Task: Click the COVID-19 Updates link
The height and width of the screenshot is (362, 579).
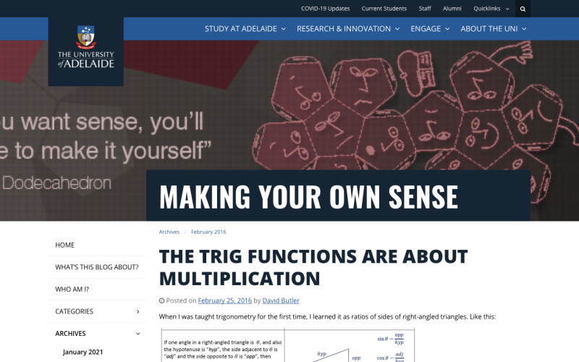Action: (x=325, y=9)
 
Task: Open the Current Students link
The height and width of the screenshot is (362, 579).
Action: (x=384, y=9)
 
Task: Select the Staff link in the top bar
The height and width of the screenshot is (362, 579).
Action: (x=425, y=9)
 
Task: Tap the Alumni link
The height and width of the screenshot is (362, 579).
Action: (x=452, y=9)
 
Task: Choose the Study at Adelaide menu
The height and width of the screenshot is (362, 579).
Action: (x=245, y=29)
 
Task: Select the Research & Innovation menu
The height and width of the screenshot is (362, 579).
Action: (x=348, y=29)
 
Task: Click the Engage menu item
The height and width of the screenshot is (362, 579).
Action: (x=430, y=29)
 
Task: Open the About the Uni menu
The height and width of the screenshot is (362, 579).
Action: (x=494, y=29)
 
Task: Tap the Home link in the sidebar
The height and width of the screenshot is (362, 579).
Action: (x=65, y=245)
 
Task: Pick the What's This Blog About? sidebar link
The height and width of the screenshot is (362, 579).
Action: (x=97, y=267)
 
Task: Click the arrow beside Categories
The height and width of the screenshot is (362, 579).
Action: (x=138, y=311)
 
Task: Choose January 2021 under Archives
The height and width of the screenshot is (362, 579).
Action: (x=83, y=352)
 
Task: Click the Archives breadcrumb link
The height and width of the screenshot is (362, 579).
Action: (x=169, y=232)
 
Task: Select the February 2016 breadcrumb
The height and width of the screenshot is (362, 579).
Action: (x=208, y=232)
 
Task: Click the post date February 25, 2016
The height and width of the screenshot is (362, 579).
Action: (x=224, y=300)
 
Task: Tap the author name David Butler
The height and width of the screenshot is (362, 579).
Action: (x=281, y=300)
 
